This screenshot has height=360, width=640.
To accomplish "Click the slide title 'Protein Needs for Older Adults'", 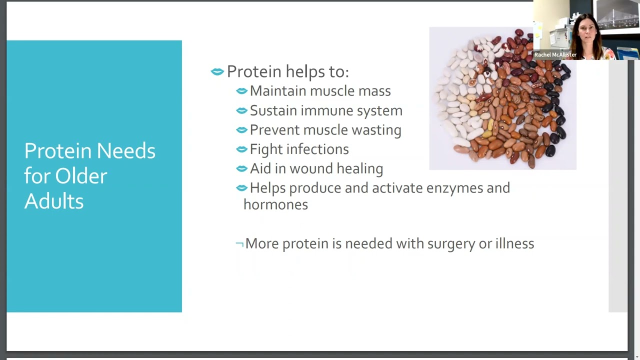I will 90,176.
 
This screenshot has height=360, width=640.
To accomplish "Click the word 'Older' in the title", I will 81,176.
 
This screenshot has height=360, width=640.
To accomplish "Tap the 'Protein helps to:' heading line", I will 287,71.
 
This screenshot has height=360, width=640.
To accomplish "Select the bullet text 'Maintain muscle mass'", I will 320,91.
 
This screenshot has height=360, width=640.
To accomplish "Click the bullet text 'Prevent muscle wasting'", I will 325,130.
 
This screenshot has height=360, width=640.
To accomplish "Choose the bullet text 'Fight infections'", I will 299,149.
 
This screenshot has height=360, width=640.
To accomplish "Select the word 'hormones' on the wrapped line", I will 275,204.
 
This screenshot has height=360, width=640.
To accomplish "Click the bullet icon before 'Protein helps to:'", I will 217,72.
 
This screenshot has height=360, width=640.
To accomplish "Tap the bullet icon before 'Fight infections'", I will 241,149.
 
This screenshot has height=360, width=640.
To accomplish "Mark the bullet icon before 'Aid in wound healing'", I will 241,169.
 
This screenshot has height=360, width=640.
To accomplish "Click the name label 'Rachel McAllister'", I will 555,54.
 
